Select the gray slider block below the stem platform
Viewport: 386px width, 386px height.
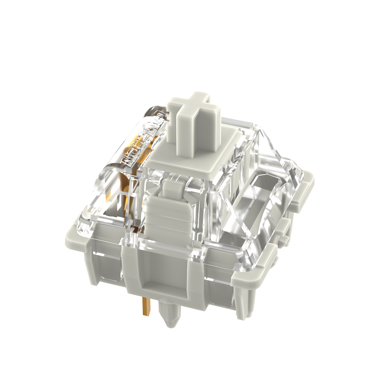[166, 212]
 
